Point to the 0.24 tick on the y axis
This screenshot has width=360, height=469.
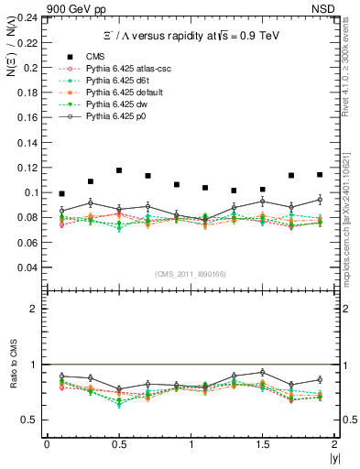27,18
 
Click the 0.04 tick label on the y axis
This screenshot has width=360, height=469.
27,267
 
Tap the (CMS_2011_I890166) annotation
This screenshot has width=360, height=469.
190,274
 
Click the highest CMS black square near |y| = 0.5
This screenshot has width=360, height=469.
119,170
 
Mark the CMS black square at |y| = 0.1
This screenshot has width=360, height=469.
61,194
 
